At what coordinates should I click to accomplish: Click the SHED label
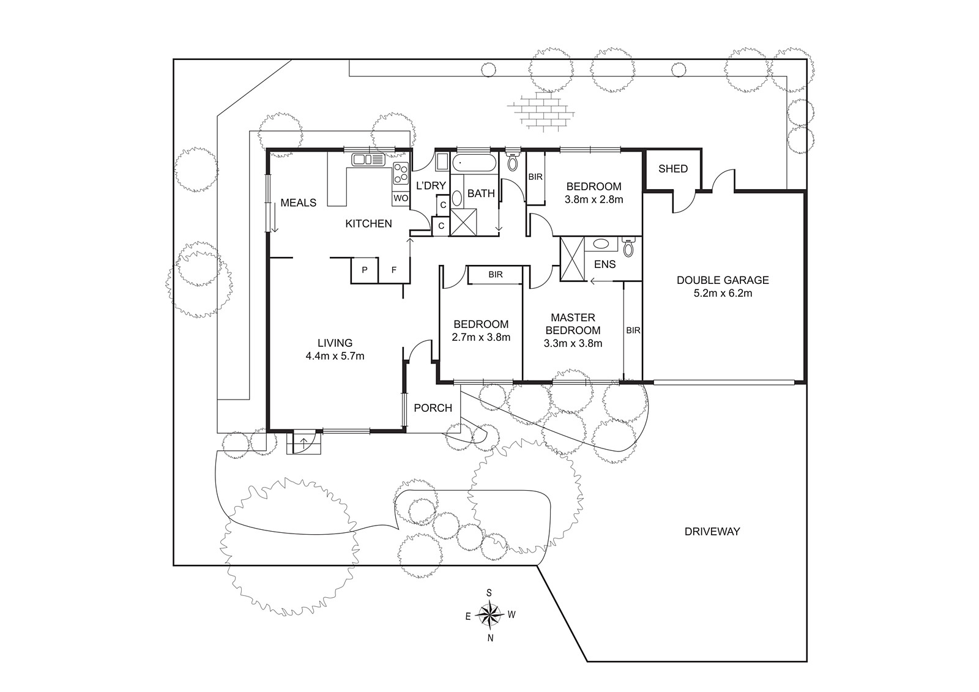click(x=673, y=169)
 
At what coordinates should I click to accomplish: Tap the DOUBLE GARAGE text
click(x=723, y=280)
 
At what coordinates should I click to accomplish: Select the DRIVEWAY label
click(x=712, y=532)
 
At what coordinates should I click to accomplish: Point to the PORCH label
click(x=433, y=408)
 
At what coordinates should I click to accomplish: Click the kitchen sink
click(x=368, y=160)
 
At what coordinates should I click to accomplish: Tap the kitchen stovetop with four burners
click(x=400, y=173)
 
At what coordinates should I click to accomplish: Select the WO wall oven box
click(x=401, y=198)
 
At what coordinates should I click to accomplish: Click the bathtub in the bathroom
click(x=474, y=163)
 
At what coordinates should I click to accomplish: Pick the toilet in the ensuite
click(x=628, y=247)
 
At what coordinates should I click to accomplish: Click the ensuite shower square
click(x=572, y=258)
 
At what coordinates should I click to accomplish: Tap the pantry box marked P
click(x=365, y=270)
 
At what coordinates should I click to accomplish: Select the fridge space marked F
click(x=394, y=270)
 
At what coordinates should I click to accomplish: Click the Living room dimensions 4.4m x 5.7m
click(x=335, y=356)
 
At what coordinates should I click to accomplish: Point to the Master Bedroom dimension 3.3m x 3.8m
click(x=573, y=344)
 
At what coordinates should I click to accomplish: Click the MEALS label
click(x=299, y=203)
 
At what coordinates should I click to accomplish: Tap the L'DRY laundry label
click(x=431, y=186)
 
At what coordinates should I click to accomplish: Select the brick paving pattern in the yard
click(x=541, y=111)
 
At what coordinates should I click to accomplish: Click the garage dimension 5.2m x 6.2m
click(x=723, y=293)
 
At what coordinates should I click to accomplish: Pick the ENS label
click(x=605, y=264)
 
